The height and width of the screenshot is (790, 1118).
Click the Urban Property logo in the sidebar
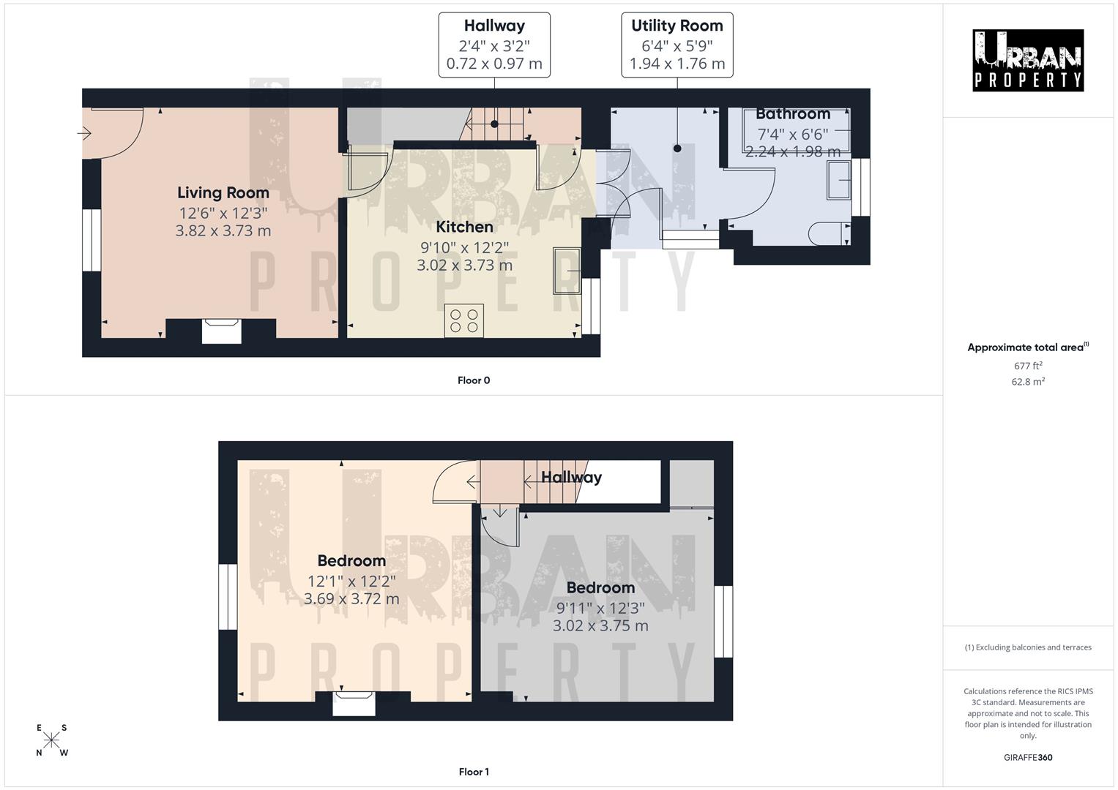1027,61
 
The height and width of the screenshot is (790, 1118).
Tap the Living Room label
223,193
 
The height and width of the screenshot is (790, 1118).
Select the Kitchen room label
464,227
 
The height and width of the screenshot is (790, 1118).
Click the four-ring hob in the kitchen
463,320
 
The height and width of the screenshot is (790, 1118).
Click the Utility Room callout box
677,45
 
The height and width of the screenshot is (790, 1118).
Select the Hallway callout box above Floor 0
494,45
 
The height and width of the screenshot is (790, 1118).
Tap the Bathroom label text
792,114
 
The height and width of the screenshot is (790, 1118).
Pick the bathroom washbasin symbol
839,180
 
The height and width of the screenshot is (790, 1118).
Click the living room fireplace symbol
221,331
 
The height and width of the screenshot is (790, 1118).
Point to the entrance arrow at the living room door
83,133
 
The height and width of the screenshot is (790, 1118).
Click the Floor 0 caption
474,380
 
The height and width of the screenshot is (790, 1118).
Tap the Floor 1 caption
474,772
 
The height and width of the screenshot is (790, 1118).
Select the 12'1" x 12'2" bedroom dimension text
351,581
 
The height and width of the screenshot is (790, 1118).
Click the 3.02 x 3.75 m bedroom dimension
600,625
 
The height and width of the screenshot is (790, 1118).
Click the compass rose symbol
52,740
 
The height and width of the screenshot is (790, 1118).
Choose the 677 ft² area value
1028,366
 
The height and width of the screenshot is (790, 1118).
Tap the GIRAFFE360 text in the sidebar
1028,758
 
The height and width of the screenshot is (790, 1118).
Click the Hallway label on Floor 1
571,478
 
